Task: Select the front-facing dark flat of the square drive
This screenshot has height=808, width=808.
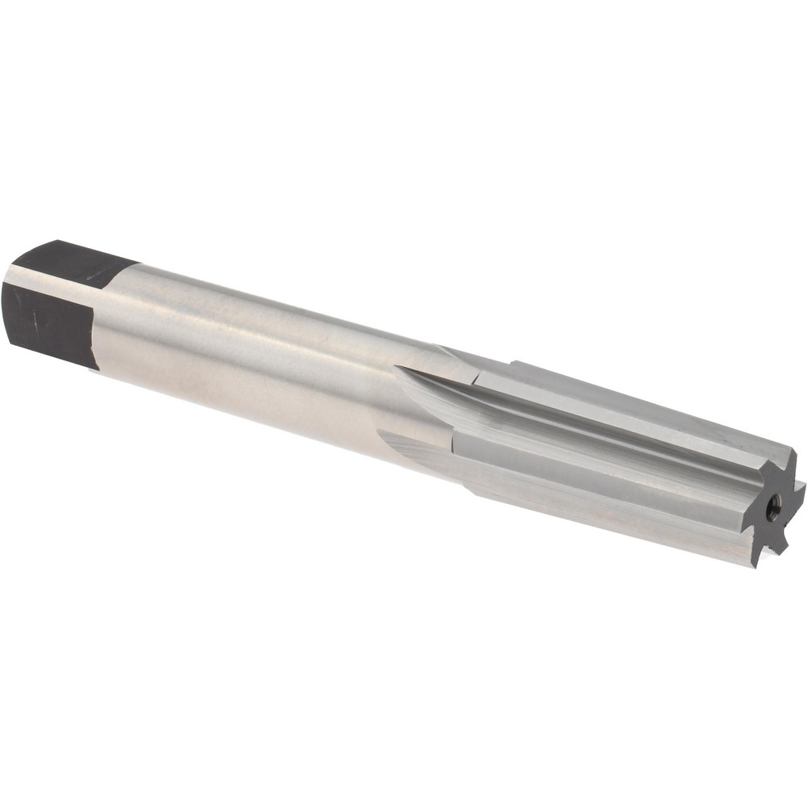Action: click(x=48, y=323)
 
